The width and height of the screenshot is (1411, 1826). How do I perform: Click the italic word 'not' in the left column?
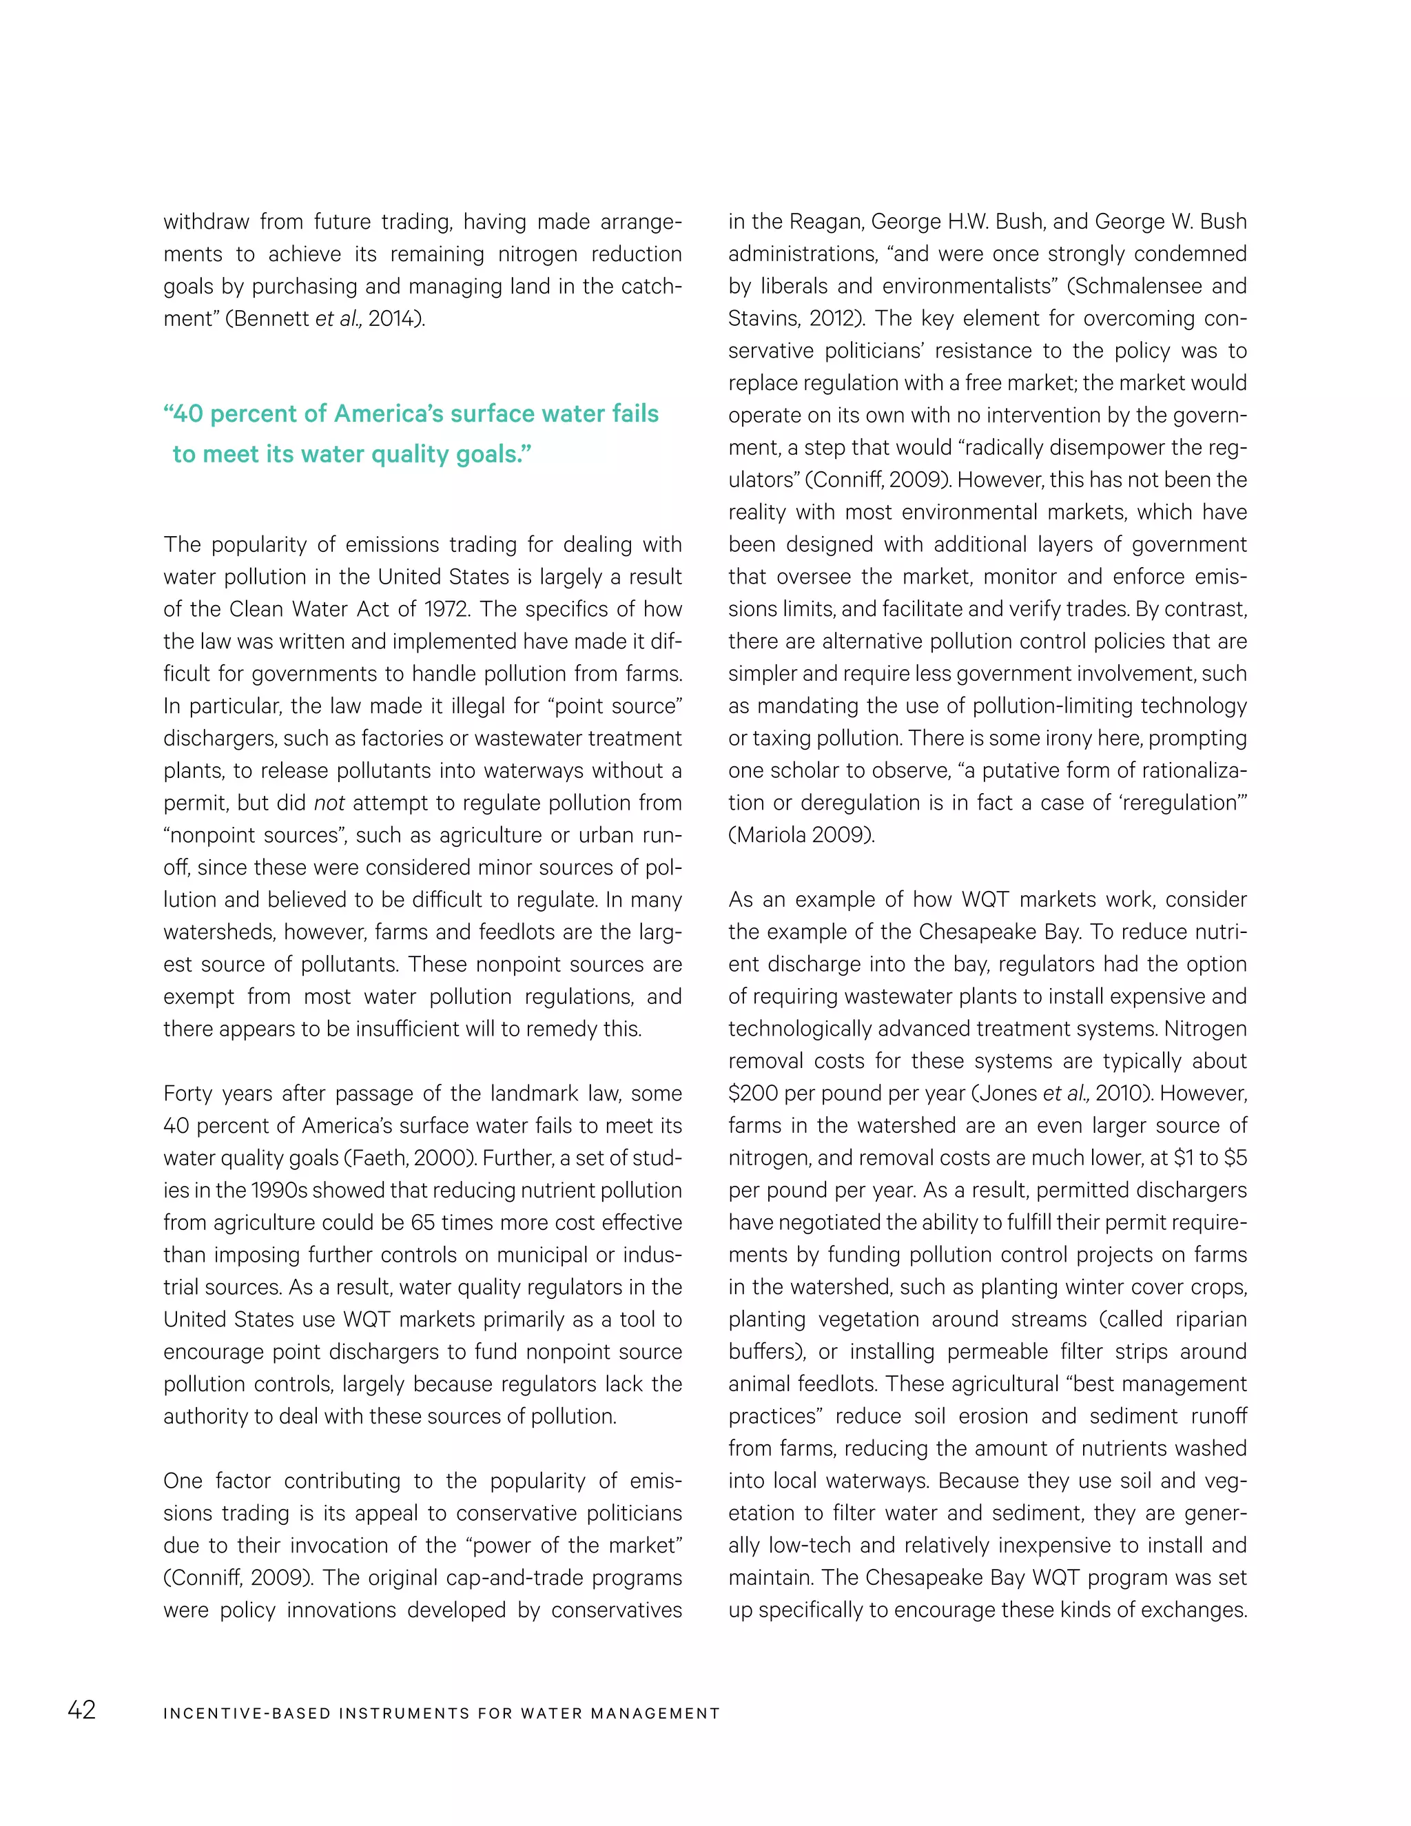pos(329,803)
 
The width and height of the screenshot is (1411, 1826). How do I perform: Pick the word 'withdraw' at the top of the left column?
pos(205,222)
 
